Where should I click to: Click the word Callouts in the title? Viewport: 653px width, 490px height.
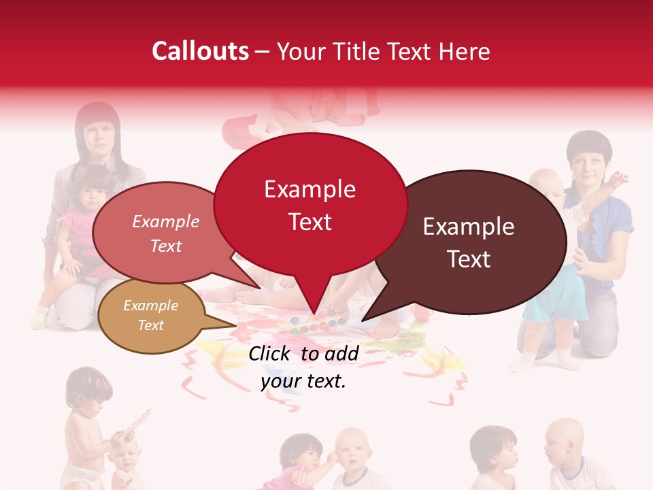pyautogui.click(x=200, y=51)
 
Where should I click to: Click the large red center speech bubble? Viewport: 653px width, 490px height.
pyautogui.click(x=310, y=204)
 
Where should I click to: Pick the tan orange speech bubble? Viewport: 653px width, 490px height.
pyautogui.click(x=151, y=316)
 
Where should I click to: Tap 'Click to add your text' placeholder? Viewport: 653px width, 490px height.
pyautogui.click(x=303, y=367)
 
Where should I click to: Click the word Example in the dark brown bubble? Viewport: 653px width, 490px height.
pyautogui.click(x=469, y=227)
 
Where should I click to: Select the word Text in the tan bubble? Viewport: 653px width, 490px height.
pyautogui.click(x=151, y=325)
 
